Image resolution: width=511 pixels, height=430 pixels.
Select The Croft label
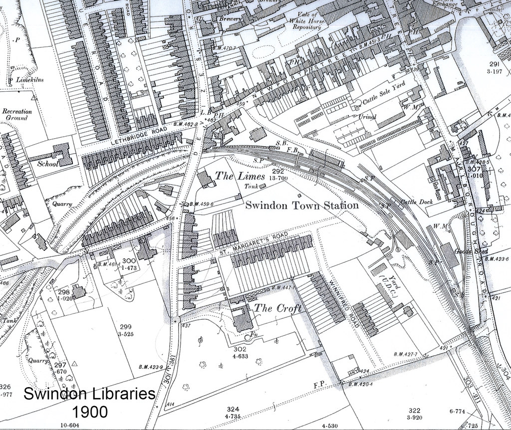[278, 308]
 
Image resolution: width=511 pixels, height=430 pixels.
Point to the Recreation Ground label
[17, 115]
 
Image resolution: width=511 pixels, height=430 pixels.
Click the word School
[48, 163]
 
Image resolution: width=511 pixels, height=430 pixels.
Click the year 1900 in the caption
[89, 412]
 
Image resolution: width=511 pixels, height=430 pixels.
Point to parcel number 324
[233, 408]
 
